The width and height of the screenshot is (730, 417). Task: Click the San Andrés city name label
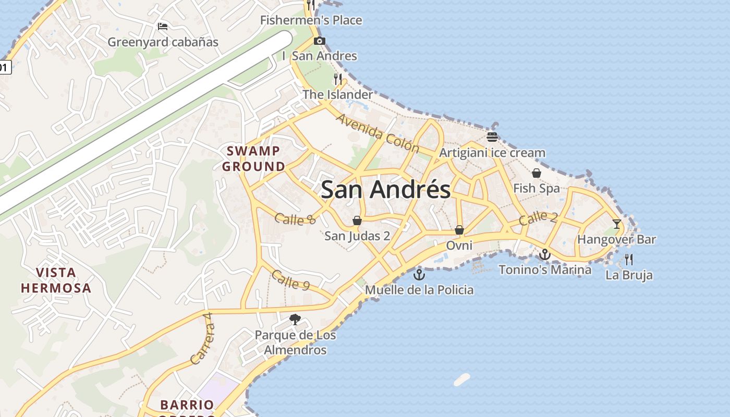385,189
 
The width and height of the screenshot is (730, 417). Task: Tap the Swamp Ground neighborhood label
254,159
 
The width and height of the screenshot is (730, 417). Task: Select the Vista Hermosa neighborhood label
56,280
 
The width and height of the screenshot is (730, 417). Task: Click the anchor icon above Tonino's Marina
545,254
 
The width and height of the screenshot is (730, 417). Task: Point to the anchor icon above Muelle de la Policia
419,274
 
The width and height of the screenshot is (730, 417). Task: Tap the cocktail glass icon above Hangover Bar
617,224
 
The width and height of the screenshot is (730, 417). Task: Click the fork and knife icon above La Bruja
629,259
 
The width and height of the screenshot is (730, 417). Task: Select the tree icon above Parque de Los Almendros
295,319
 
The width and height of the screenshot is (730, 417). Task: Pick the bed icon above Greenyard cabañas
163,26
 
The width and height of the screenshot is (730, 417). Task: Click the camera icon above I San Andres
320,41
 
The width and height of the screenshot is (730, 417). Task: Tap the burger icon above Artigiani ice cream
492,137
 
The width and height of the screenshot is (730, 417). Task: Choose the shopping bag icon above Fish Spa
536,173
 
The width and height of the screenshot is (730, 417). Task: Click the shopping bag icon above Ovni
459,230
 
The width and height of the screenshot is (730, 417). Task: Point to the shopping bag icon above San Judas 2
357,220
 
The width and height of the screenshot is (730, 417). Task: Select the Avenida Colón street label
378,132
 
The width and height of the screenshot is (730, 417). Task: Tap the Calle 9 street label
291,280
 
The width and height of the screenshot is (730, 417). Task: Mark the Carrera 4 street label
203,339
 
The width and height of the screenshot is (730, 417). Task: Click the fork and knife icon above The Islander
338,79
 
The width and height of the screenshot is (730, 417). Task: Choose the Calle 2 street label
538,218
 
